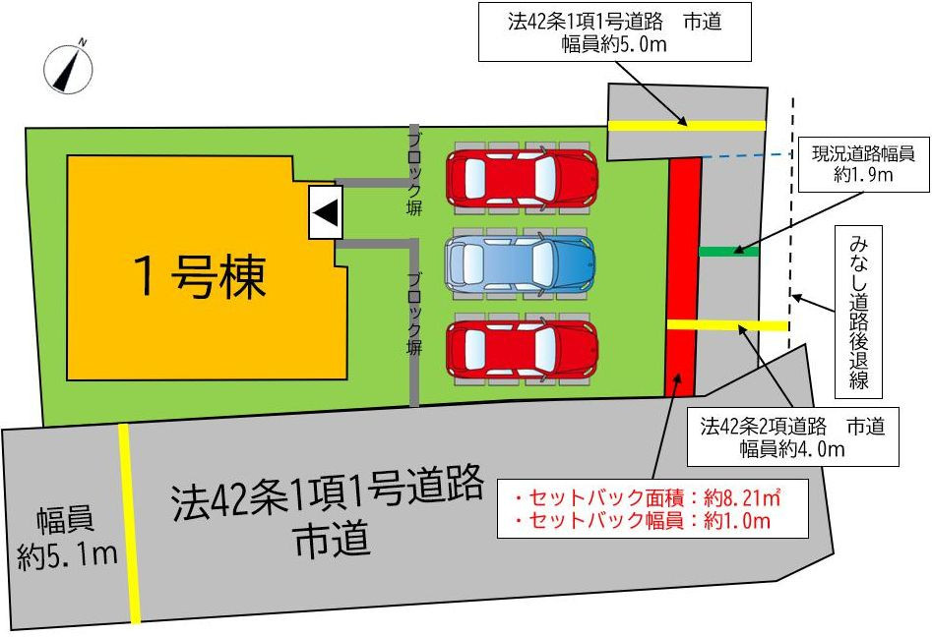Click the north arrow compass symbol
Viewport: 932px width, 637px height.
pos(68,69)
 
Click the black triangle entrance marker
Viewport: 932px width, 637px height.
pos(326,212)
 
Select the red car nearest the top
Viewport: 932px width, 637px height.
pos(522,178)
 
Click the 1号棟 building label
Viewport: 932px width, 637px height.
pos(200,276)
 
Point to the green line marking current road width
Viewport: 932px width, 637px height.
pos(729,252)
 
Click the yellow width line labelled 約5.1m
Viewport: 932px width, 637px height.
pos(129,524)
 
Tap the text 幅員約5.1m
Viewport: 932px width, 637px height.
pos(67,538)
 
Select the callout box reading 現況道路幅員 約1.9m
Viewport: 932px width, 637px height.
pos(863,164)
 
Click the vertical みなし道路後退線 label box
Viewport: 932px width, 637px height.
pos(858,312)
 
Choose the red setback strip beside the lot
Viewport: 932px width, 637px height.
pos(684,276)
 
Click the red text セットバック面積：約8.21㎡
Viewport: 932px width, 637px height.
pos(648,497)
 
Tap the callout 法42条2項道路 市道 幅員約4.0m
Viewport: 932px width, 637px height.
pos(792,436)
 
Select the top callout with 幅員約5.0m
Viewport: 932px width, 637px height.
pos(614,32)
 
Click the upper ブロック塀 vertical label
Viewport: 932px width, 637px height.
pos(414,174)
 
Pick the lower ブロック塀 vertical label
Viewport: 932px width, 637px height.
pos(414,313)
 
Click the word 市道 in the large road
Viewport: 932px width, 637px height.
pos(333,539)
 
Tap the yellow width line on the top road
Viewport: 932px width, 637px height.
pos(687,125)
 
